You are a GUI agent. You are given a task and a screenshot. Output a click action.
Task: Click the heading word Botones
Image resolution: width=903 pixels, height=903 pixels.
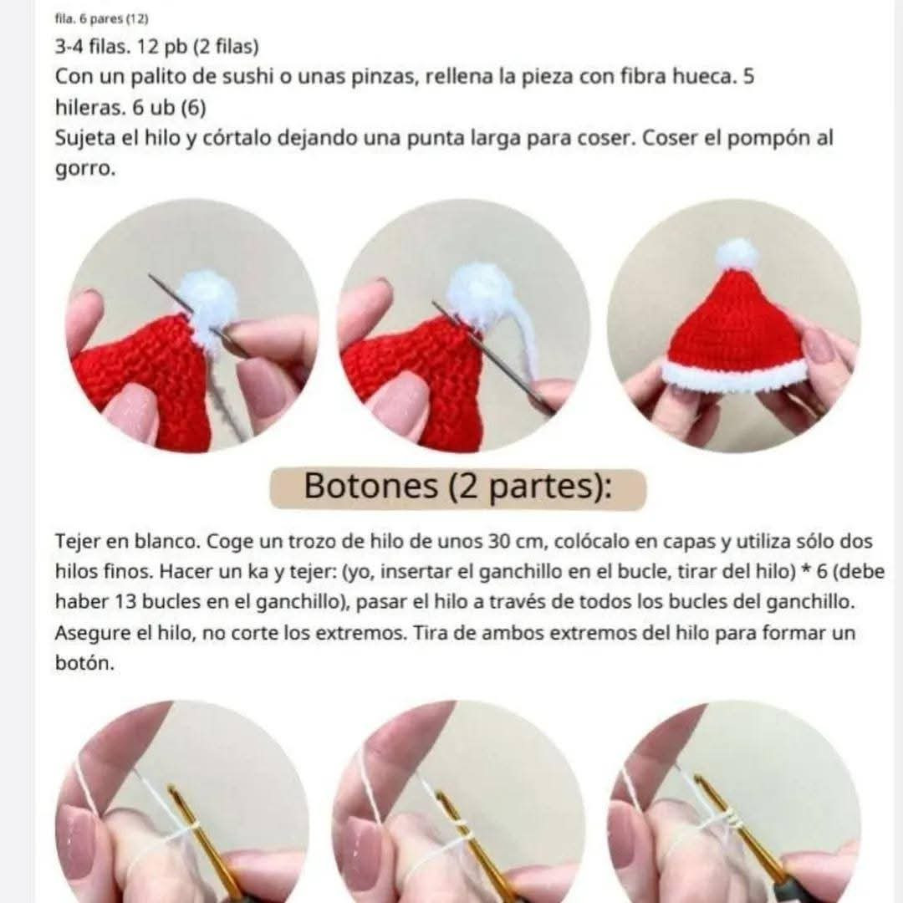tap(370, 486)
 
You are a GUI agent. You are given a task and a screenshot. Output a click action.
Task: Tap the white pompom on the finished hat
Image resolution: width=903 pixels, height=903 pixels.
tap(737, 253)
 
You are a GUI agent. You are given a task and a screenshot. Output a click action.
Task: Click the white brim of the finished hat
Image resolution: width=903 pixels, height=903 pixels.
tap(735, 375)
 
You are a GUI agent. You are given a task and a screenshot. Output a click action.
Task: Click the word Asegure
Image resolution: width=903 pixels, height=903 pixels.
tap(95, 633)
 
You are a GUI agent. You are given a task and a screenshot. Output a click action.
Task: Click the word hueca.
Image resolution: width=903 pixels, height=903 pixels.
tap(701, 78)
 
